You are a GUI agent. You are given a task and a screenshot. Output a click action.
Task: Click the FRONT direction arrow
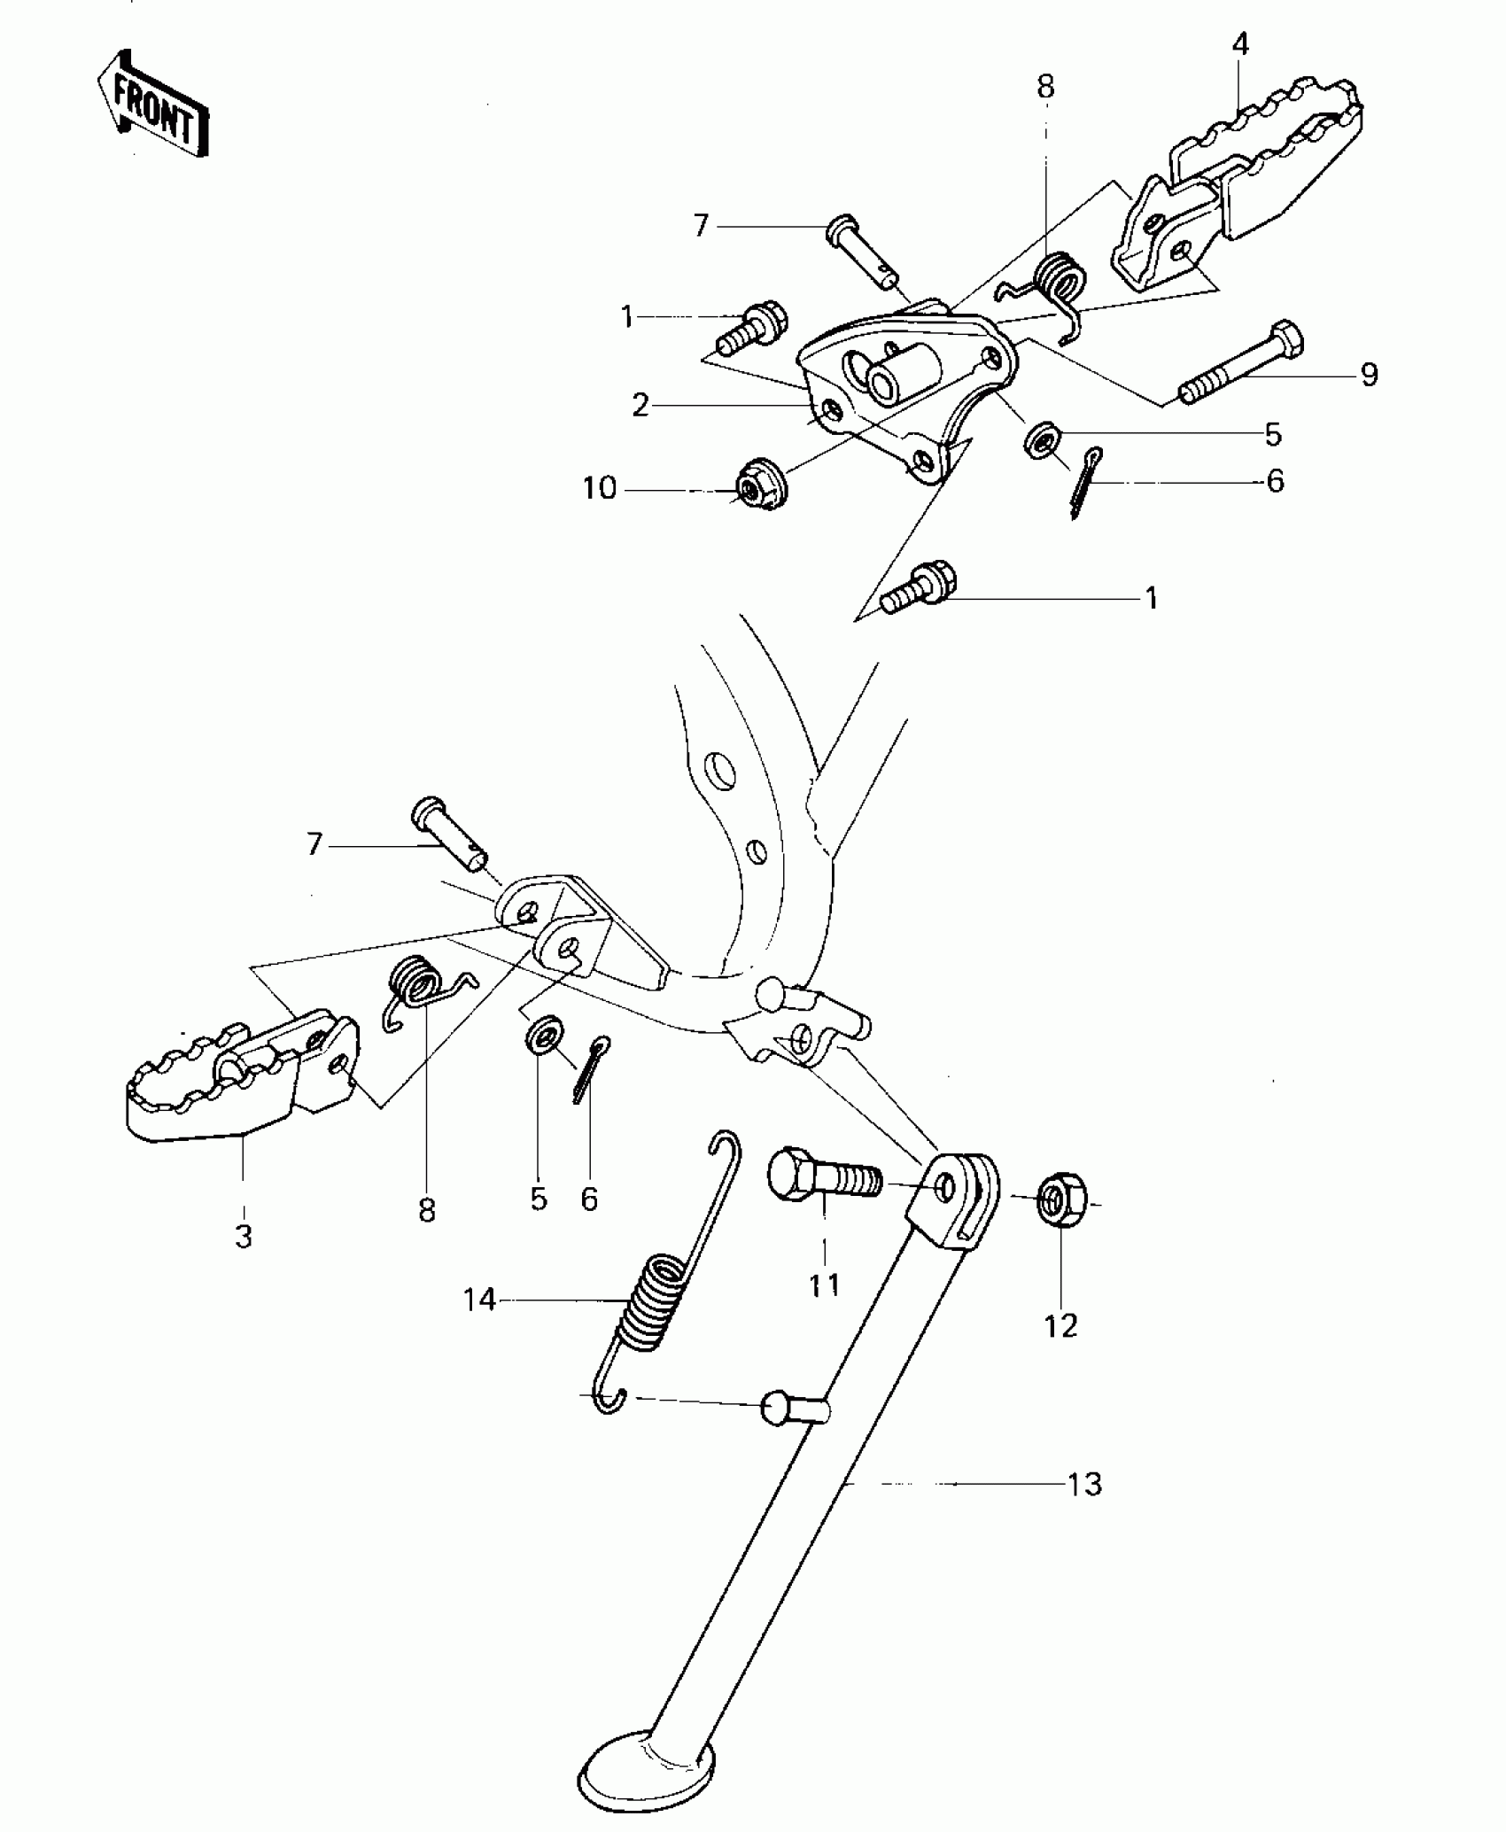tap(152, 105)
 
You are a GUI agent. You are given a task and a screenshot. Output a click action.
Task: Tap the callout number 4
tap(1240, 44)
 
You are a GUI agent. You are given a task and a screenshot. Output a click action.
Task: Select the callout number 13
tap(1084, 1484)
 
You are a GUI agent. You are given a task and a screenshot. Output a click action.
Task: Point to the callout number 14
tap(479, 1300)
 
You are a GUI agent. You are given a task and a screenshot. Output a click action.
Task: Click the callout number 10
tap(600, 488)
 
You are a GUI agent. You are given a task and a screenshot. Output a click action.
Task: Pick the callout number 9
tap(1369, 375)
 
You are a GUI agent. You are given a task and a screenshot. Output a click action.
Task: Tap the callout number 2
tap(640, 406)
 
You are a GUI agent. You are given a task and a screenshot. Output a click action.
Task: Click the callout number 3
tap(244, 1236)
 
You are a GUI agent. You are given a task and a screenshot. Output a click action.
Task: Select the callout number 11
tap(824, 1285)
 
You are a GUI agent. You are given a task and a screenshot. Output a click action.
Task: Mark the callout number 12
tap(1060, 1325)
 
